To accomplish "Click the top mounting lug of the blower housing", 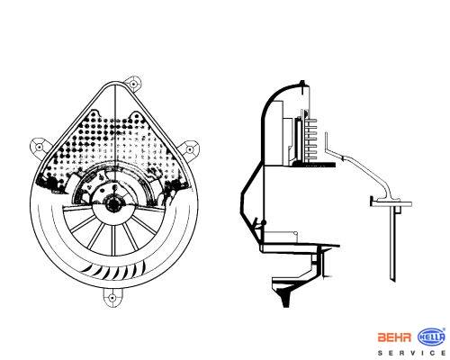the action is click(x=133, y=83).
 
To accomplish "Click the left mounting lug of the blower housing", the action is click(x=39, y=147).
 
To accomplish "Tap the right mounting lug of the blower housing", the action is click(x=190, y=149).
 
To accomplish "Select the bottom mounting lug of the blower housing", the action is click(x=112, y=298).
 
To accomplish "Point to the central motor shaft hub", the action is click(x=113, y=203).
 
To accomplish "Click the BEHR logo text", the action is click(x=394, y=337).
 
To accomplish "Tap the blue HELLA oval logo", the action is click(x=431, y=337).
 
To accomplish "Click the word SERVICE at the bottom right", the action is click(x=411, y=353).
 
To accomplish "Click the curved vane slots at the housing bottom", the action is click(x=114, y=270).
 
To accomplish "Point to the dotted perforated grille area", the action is click(x=114, y=144).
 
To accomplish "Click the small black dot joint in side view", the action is click(x=264, y=222).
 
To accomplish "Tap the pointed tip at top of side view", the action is click(x=302, y=82).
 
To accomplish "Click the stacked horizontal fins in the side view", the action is click(x=311, y=139).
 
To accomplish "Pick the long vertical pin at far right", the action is click(x=392, y=244).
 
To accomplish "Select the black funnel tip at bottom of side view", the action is click(x=285, y=300).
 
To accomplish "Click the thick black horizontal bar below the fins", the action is click(x=314, y=165).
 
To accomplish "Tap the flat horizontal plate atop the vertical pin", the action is click(x=391, y=203).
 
